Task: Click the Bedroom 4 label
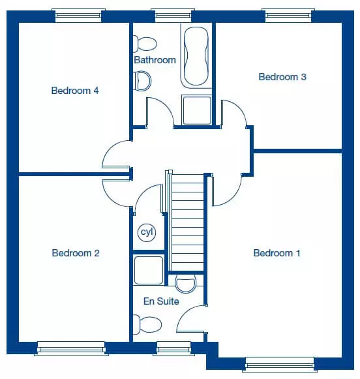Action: [75, 91]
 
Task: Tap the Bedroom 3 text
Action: [282, 77]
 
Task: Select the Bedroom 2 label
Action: [76, 253]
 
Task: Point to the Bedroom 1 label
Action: [277, 253]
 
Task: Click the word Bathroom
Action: [155, 60]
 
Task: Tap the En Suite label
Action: [161, 301]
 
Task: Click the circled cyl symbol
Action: [147, 232]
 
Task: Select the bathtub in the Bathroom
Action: [196, 56]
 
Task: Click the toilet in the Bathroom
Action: [145, 44]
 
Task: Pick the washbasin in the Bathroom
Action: [142, 81]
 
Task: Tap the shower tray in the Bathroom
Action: [197, 110]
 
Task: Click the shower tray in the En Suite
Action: [149, 270]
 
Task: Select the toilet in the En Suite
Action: [147, 324]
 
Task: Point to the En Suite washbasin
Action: [186, 284]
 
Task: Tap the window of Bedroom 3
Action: [288, 16]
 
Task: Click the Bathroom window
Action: [173, 16]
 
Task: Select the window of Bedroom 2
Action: [71, 348]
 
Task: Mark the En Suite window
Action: [173, 348]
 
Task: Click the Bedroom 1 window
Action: [280, 365]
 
